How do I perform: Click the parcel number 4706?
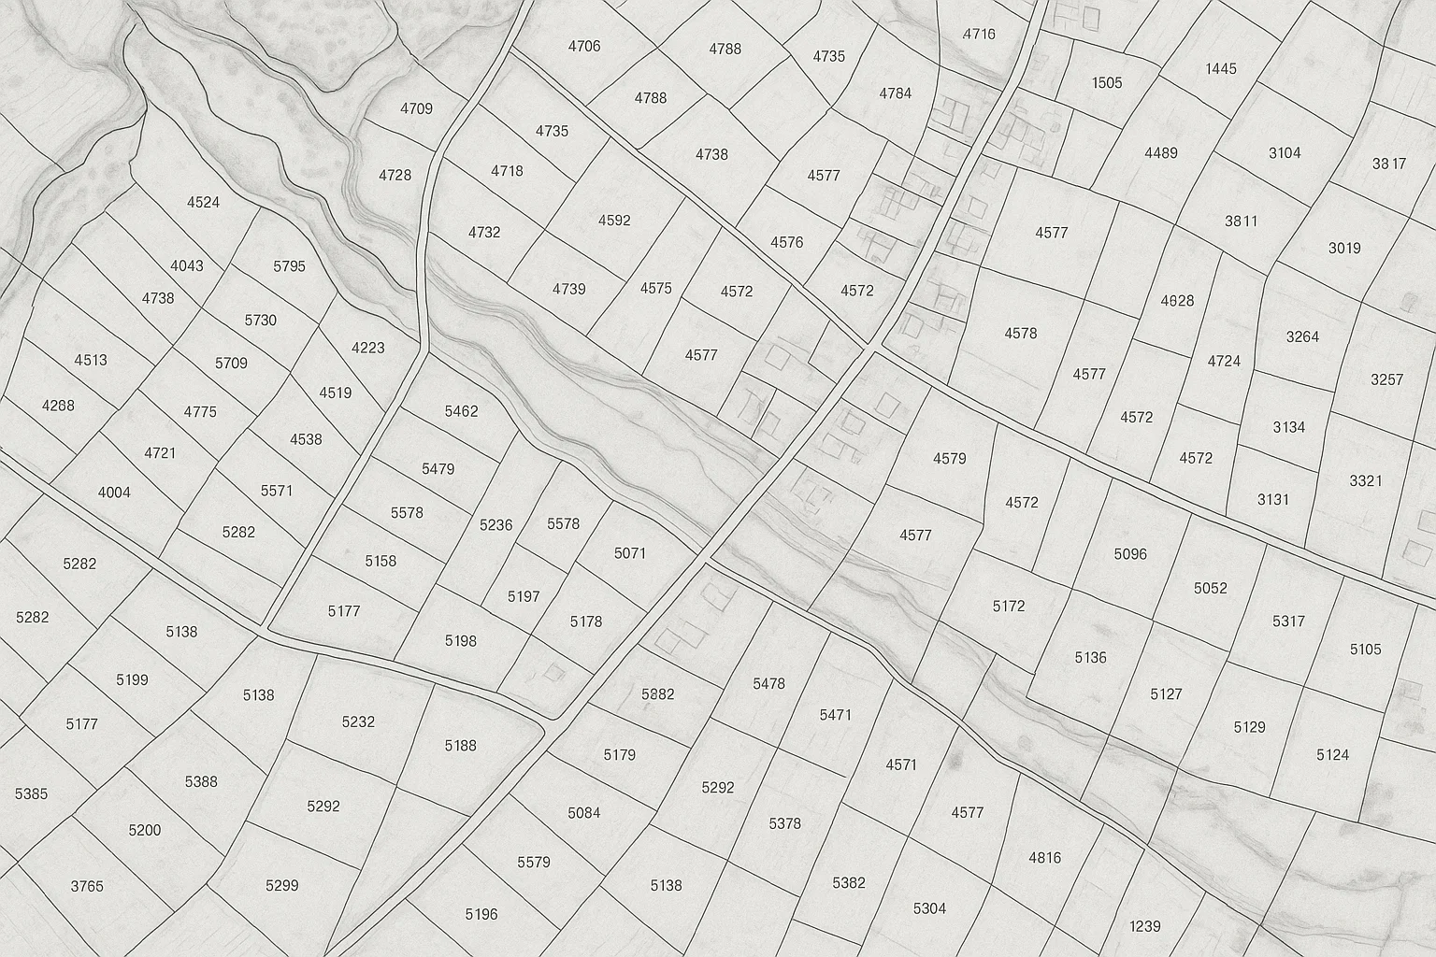click(584, 46)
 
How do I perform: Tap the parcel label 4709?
click(416, 108)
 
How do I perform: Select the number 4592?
click(614, 221)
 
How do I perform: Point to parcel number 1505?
click(1107, 83)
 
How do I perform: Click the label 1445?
click(1221, 68)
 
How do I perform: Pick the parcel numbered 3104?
click(1285, 152)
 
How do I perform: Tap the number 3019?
click(1344, 248)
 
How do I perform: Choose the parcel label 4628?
click(1177, 301)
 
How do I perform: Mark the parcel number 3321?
click(1366, 480)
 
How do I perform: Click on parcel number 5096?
click(1130, 554)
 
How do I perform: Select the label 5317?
click(1288, 621)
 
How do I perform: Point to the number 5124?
click(1333, 754)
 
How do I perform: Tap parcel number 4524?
click(204, 202)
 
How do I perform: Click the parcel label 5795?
click(289, 266)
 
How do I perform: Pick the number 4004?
click(114, 493)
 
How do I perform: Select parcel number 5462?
click(461, 411)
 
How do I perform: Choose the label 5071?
click(630, 553)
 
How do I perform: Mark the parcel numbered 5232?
click(358, 721)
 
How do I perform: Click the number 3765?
click(87, 886)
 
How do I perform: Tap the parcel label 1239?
click(1144, 926)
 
